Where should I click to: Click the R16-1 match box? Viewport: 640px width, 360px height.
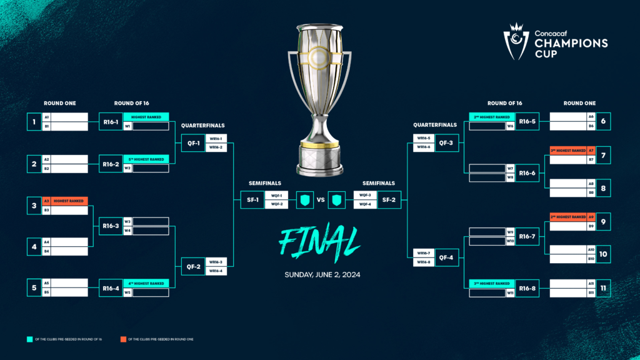[x=111, y=122]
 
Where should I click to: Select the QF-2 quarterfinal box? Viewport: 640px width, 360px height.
[x=193, y=266]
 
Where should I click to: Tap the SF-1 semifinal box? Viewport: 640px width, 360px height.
[x=252, y=199]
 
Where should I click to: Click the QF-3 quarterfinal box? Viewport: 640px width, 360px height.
[x=446, y=143]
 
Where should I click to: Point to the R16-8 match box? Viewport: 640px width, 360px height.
[x=527, y=287]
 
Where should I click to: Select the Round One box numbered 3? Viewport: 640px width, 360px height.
[x=34, y=205]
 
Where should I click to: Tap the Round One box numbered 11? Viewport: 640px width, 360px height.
[x=603, y=287]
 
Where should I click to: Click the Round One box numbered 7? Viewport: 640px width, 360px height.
[x=603, y=155]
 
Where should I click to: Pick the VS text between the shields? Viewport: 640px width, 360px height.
[x=321, y=200]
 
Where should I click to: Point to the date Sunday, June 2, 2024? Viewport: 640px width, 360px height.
[x=322, y=274]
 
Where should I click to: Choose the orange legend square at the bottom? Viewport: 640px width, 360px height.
[x=124, y=339]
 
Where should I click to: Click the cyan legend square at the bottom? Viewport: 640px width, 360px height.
[x=29, y=339]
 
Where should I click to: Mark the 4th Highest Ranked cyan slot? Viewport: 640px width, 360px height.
[x=146, y=284]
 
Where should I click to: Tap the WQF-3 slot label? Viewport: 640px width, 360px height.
[x=366, y=196]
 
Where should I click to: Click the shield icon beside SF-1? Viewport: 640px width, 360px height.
[x=304, y=200]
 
